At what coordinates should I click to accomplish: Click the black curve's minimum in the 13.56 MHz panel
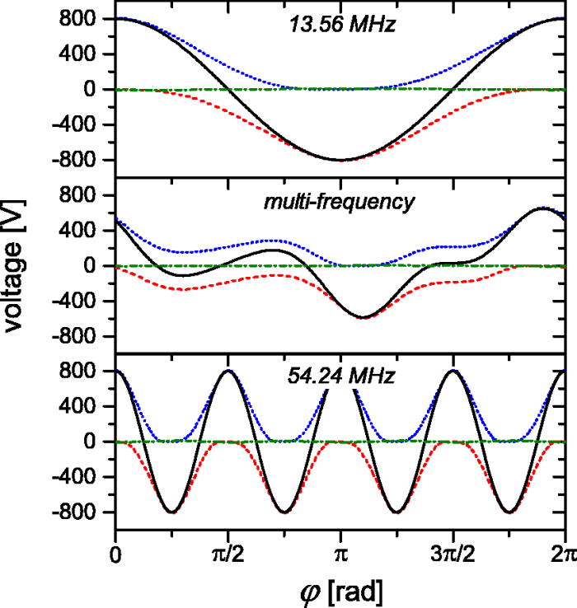[x=340, y=160]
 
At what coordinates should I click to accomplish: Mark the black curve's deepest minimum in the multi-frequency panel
[x=361, y=317]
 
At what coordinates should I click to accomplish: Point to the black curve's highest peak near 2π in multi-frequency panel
[x=540, y=208]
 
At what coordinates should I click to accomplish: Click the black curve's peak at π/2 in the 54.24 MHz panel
[x=228, y=372]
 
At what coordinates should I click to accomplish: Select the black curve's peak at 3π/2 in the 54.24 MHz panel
[x=452, y=372]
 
